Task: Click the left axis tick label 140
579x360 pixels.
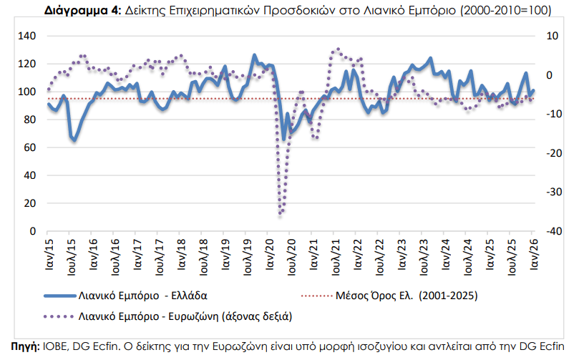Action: coord(26,36)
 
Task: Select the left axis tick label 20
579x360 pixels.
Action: coord(29,203)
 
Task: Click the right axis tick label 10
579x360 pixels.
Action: coord(551,36)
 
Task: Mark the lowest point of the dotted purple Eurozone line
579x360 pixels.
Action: coord(281,214)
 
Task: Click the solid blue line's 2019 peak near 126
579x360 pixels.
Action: coord(254,55)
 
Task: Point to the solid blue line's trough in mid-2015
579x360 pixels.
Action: coord(74,139)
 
